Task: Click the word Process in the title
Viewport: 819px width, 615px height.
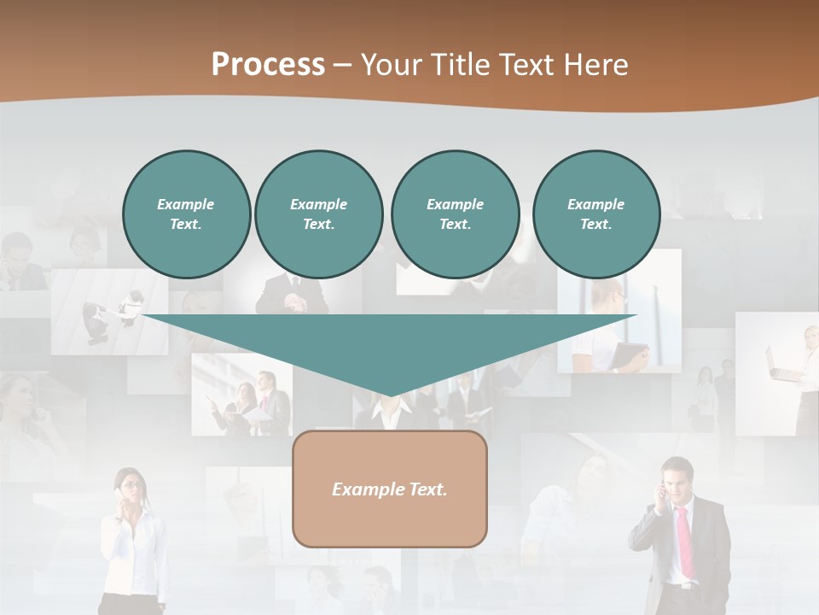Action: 268,65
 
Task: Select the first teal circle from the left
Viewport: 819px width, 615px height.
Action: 186,214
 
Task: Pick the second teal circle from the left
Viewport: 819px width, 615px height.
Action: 318,214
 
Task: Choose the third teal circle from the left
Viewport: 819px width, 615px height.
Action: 455,214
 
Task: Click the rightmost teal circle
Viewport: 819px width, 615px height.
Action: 595,214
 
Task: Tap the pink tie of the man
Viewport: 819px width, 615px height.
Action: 685,542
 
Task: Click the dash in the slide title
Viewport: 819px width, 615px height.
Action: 342,65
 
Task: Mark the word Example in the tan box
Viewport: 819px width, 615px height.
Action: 368,489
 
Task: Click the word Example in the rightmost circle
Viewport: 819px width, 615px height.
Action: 595,204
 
